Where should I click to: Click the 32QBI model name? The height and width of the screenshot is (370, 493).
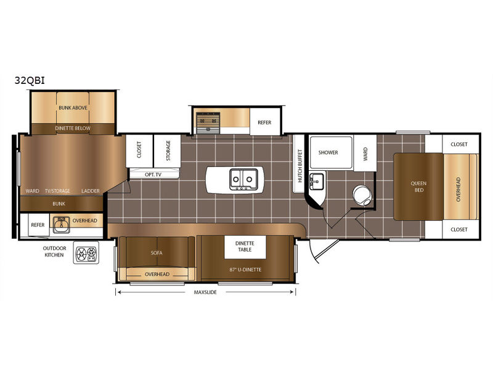tap(30, 81)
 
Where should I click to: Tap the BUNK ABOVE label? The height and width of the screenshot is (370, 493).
tap(73, 107)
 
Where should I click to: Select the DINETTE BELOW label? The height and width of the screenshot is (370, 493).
tap(73, 128)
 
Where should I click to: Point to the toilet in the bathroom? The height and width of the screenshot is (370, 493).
tap(362, 195)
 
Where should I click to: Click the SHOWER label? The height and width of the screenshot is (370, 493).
tap(328, 152)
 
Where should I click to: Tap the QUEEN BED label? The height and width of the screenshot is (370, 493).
tap(419, 187)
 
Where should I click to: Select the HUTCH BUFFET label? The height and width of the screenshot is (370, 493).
tap(300, 166)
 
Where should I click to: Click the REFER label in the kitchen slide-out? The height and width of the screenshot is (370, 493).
tap(264, 122)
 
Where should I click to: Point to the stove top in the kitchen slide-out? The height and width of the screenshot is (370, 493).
tap(207, 122)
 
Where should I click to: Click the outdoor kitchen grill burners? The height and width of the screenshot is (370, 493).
tap(86, 253)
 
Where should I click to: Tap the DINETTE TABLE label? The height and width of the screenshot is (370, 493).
tap(245, 246)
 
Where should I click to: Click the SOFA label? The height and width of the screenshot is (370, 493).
tap(157, 253)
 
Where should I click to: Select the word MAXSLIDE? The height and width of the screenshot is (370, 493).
tap(205, 292)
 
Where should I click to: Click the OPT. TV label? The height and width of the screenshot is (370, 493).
tap(153, 175)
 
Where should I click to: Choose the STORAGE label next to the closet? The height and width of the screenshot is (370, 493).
tap(168, 150)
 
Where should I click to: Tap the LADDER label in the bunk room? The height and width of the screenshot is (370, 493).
tap(91, 191)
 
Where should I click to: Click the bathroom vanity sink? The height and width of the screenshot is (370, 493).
tap(317, 181)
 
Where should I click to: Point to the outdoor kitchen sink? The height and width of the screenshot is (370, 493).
tap(61, 224)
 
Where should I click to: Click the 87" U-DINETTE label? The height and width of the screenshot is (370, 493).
tap(245, 269)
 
